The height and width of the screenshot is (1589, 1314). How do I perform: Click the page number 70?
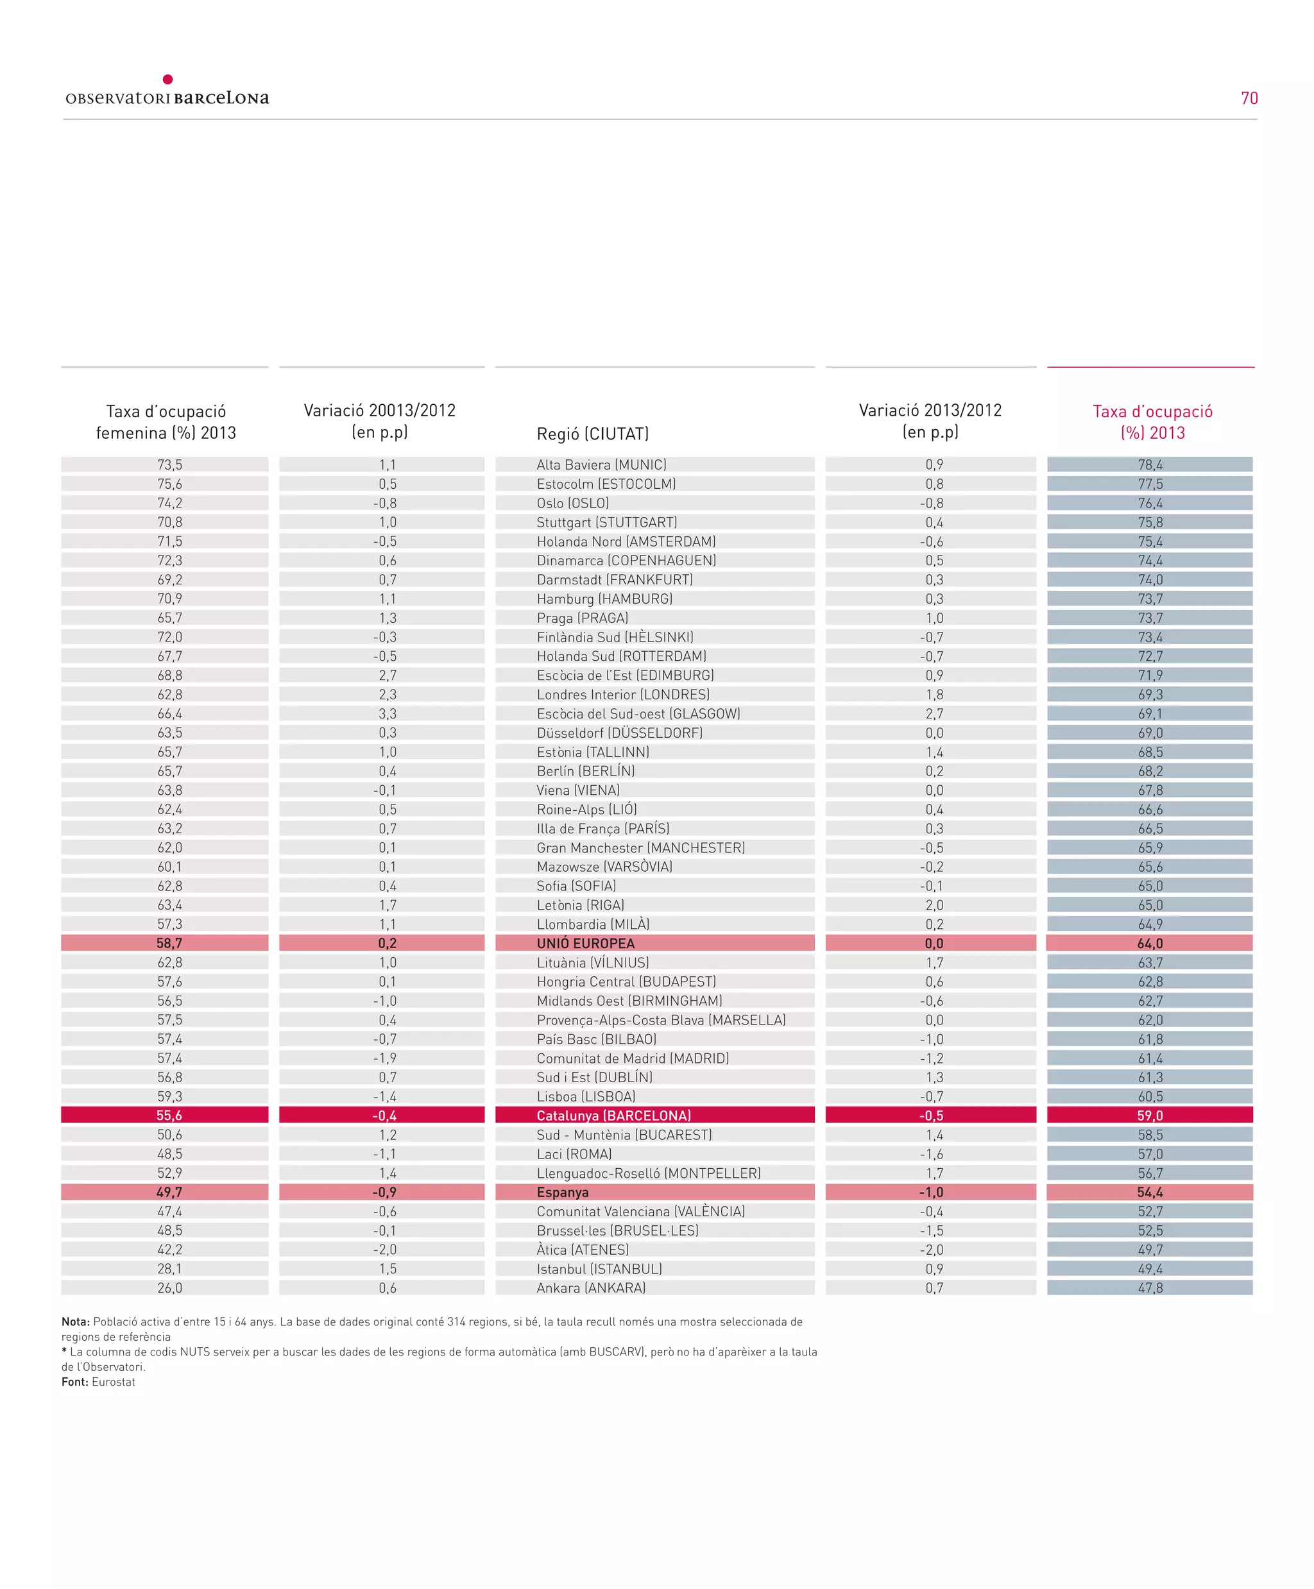pyautogui.click(x=1249, y=98)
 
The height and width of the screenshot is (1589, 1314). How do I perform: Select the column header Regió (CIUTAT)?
pyautogui.click(x=593, y=434)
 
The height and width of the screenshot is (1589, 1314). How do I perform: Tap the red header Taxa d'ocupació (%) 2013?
pyautogui.click(x=1152, y=422)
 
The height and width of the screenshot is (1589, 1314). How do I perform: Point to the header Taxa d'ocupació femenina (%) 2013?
pyautogui.click(x=166, y=422)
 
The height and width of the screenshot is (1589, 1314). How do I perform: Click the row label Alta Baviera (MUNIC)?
pyautogui.click(x=601, y=464)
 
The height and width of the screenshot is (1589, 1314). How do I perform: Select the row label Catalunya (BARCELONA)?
pyautogui.click(x=613, y=1116)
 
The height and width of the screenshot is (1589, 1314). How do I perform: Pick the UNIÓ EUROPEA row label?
pyautogui.click(x=585, y=944)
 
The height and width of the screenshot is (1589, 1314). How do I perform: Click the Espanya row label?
pyautogui.click(x=563, y=1192)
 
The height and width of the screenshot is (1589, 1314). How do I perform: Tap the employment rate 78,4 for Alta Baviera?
pyautogui.click(x=1150, y=464)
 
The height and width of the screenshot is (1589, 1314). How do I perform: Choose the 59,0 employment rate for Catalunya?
pyautogui.click(x=1150, y=1116)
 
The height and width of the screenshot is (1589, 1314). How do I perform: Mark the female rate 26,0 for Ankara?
pyautogui.click(x=169, y=1288)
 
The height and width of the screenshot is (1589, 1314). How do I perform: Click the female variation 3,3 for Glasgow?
pyautogui.click(x=387, y=713)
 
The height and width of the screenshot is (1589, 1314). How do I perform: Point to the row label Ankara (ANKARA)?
pyautogui.click(x=591, y=1288)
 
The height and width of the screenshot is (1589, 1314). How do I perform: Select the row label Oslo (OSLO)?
pyautogui.click(x=572, y=503)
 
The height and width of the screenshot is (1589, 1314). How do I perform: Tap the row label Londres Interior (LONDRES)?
pyautogui.click(x=623, y=695)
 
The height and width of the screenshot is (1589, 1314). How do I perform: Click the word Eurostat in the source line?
pyautogui.click(x=114, y=1382)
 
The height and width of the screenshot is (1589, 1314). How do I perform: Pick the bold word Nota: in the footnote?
pyautogui.click(x=76, y=1322)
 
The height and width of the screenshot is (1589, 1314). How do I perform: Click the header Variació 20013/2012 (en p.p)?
pyautogui.click(x=380, y=421)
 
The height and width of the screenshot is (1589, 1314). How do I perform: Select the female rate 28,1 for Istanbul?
pyautogui.click(x=169, y=1269)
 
